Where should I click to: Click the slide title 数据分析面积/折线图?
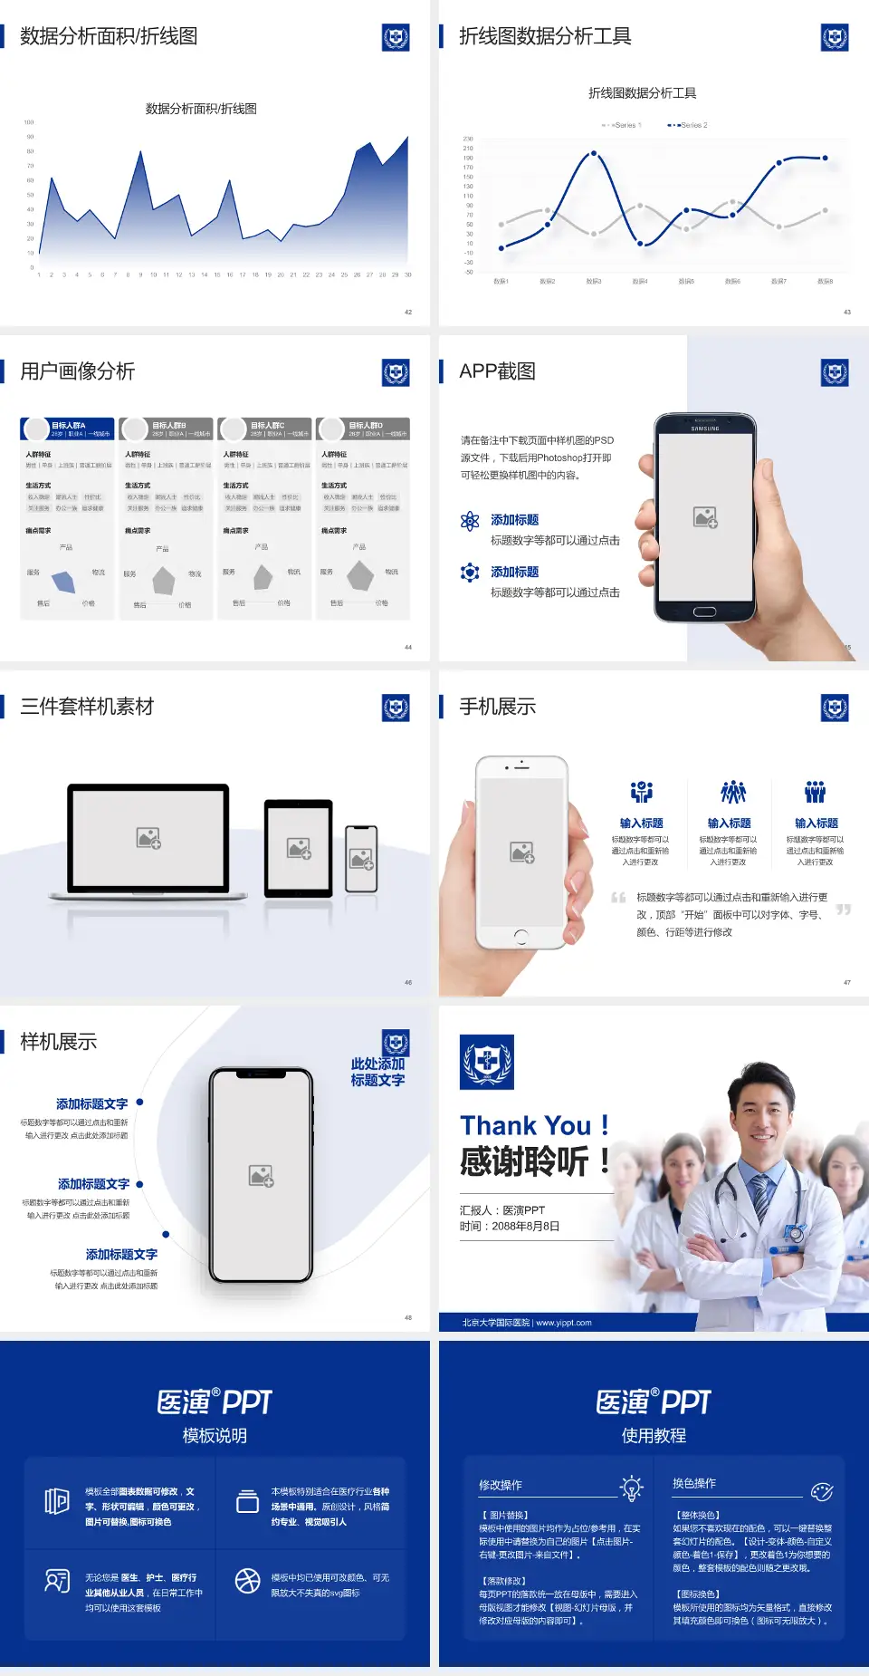109,36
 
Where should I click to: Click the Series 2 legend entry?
689,125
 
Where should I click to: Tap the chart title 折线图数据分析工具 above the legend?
642,93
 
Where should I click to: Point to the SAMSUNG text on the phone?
705,429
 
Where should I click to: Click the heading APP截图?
497,371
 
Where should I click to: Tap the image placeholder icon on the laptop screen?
148,838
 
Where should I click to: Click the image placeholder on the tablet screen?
299,848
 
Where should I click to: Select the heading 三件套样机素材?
87,707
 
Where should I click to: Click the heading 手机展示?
497,707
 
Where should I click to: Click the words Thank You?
525,1126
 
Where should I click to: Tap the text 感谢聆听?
524,1161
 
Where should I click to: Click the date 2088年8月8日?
526,1227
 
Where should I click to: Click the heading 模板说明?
215,1436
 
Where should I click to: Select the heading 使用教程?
654,1436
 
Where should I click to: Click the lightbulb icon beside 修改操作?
631,1488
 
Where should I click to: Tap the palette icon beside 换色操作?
822,1491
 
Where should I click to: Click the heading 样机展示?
59,1042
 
